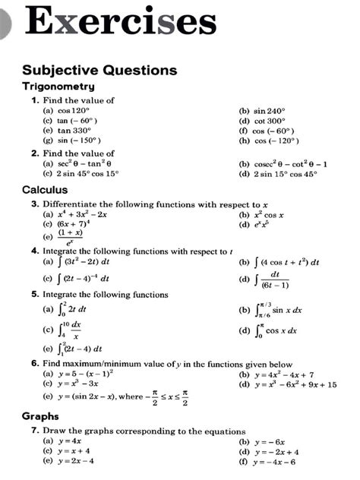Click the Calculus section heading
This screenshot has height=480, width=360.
tap(46, 189)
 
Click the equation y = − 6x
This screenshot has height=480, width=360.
tap(269, 441)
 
